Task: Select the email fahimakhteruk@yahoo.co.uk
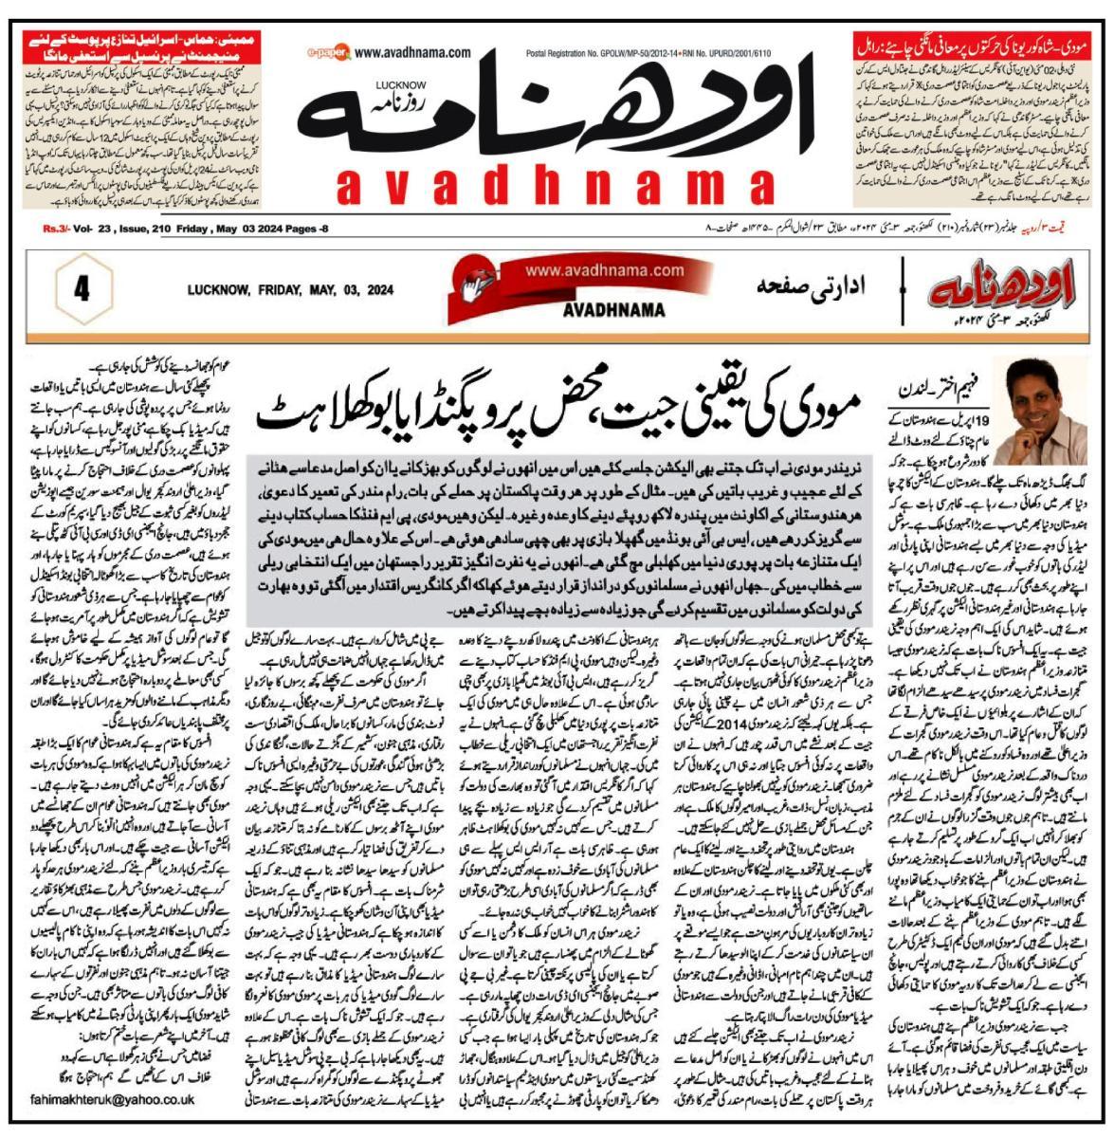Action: [x=104, y=1099]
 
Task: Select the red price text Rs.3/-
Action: [x=59, y=229]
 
